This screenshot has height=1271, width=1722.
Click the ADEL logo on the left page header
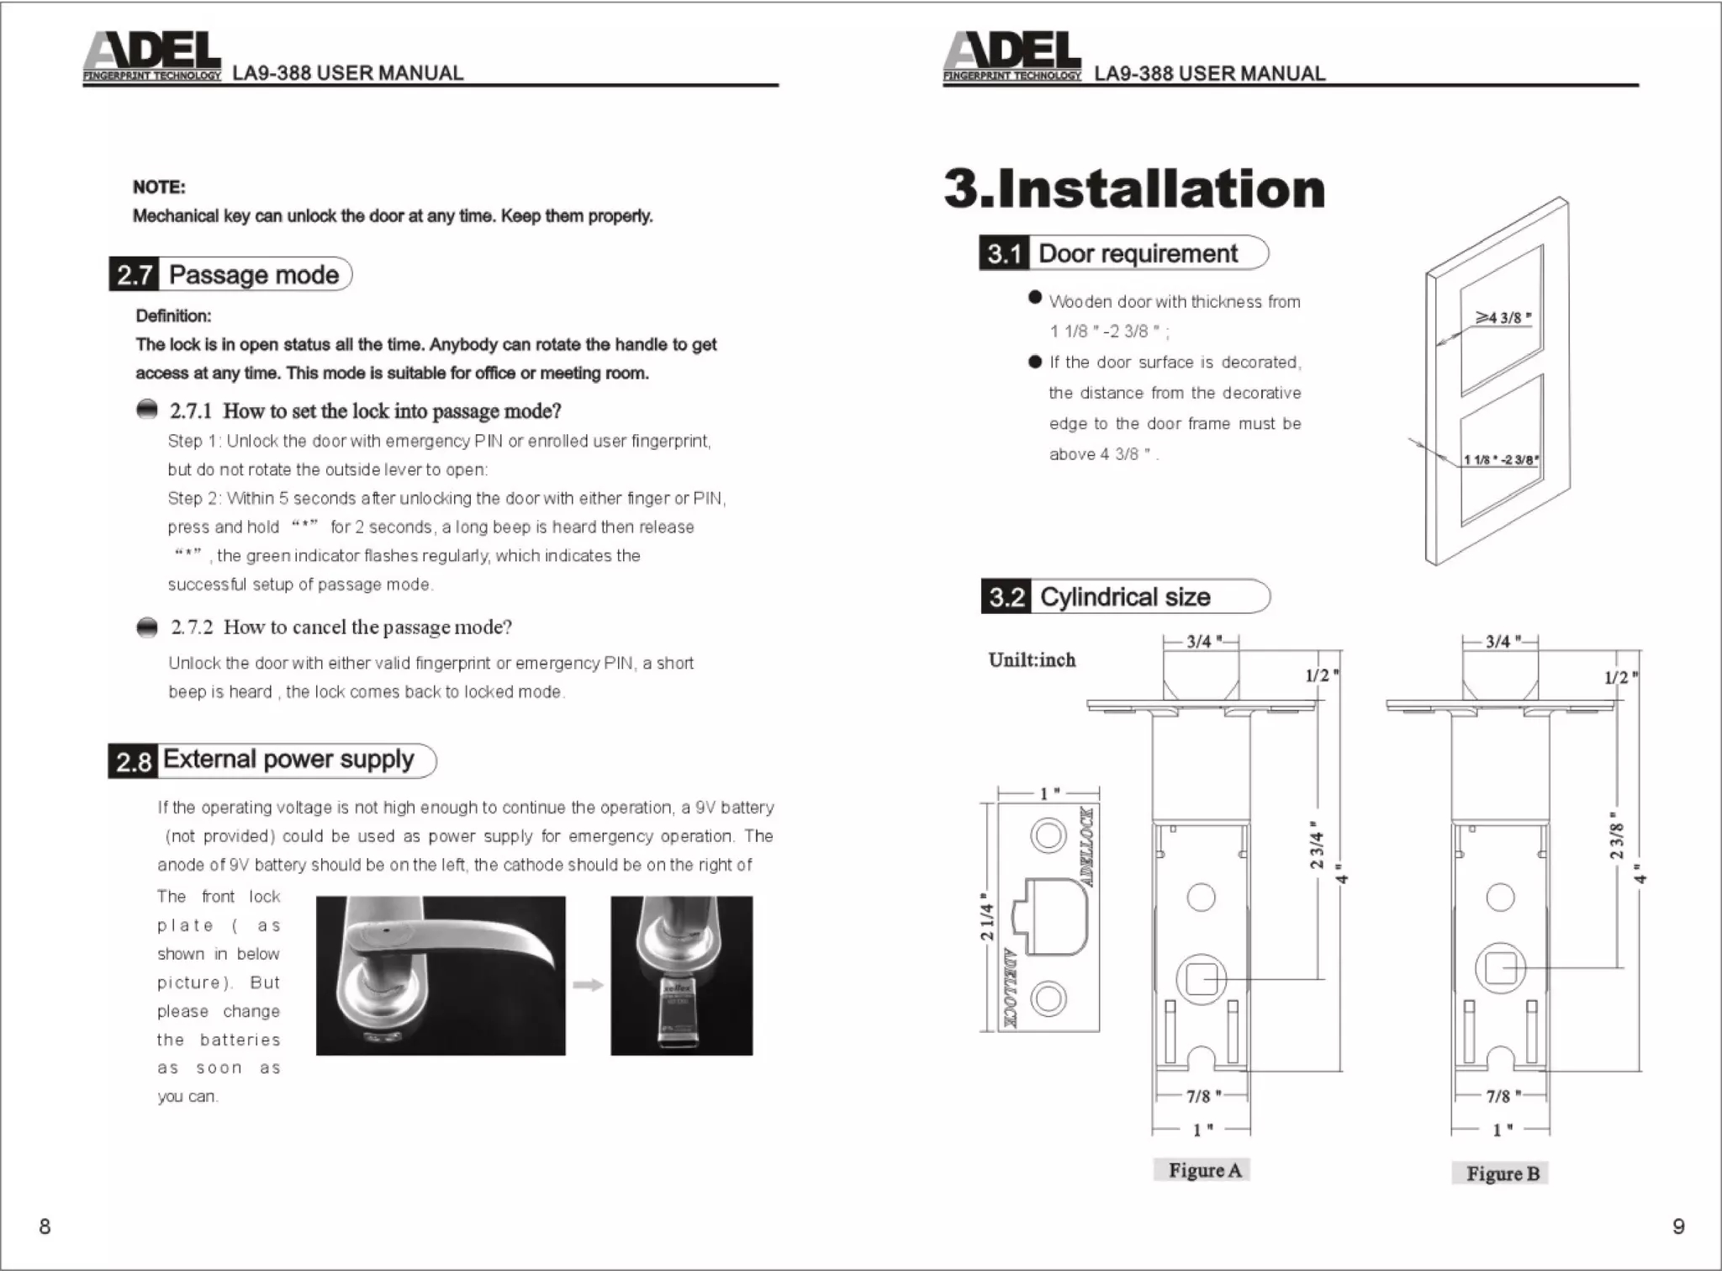[x=152, y=56]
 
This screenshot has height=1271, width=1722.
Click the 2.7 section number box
[x=134, y=275]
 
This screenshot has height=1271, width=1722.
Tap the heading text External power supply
[x=288, y=760]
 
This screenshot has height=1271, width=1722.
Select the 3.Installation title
[x=1133, y=188]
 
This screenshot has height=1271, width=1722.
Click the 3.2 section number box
[x=1006, y=597]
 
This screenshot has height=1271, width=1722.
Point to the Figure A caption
[x=1204, y=1170]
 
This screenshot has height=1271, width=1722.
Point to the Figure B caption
[x=1502, y=1173]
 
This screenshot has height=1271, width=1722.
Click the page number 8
[x=45, y=1226]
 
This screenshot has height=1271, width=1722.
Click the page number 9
[x=1678, y=1226]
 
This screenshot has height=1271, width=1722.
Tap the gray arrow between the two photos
[x=588, y=985]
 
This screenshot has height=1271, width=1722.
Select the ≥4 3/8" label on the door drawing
[x=1504, y=318]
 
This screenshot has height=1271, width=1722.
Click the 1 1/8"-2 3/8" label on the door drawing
[x=1501, y=459]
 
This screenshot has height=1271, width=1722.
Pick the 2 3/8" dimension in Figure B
[x=1616, y=841]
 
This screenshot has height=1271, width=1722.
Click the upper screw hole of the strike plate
[x=1048, y=836]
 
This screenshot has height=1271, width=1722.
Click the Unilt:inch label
[x=1032, y=660]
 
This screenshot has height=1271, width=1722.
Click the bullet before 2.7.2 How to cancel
[x=147, y=628]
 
